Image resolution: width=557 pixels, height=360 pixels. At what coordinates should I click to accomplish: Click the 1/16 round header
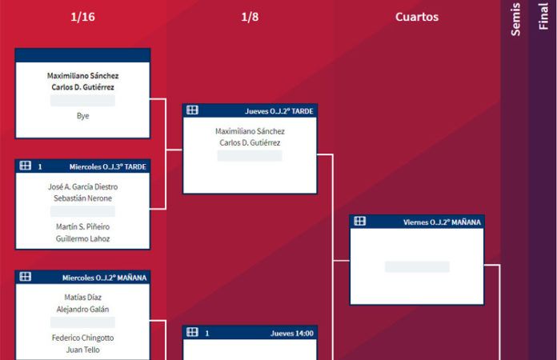coord(82,17)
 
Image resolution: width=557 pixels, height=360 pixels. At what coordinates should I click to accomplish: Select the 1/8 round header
coord(250,17)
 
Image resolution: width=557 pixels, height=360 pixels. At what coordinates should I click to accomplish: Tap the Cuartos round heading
coord(416,17)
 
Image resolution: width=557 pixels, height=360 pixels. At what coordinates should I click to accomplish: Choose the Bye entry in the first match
coord(82,116)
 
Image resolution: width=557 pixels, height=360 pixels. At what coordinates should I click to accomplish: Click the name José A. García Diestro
coord(82,187)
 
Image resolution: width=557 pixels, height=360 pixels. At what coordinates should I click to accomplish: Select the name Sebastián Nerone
coord(82,198)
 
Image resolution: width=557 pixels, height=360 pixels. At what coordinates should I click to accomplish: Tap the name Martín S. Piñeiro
coord(82,227)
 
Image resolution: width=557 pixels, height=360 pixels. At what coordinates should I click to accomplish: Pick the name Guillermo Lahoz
coord(82,238)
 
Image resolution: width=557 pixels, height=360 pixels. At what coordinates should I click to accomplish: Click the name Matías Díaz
coord(82,298)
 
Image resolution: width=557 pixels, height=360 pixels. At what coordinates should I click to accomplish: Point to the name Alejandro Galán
coord(82,309)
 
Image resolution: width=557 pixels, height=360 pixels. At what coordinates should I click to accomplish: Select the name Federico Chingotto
coord(82,338)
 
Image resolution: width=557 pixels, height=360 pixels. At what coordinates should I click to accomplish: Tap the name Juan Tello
coord(82,349)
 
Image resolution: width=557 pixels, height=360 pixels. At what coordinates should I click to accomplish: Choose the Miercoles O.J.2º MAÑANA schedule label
coord(104,278)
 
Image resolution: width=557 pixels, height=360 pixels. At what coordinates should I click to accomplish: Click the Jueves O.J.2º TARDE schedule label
coord(278,111)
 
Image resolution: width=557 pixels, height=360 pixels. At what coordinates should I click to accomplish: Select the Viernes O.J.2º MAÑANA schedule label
coord(442,222)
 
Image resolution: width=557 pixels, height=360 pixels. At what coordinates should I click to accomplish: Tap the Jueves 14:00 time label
coord(292,333)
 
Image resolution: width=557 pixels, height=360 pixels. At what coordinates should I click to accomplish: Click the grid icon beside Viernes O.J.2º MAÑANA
coord(360,222)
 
